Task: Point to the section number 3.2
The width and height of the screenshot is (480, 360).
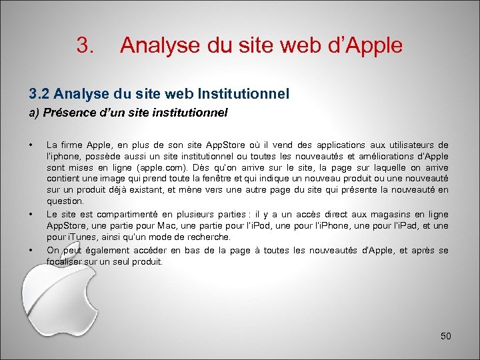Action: pyautogui.click(x=38, y=94)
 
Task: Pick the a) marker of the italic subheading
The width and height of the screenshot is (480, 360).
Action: pyautogui.click(x=34, y=113)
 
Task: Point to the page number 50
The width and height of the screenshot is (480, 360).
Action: pyautogui.click(x=446, y=336)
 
